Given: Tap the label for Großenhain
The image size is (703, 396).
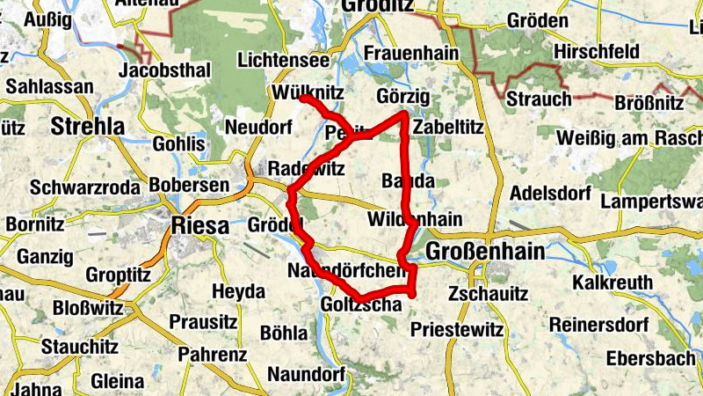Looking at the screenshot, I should tap(484, 253).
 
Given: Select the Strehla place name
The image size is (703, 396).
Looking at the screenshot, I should tap(88, 126).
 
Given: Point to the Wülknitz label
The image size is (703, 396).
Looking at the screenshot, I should tap(308, 92).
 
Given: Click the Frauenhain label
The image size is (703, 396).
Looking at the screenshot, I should tap(411, 54).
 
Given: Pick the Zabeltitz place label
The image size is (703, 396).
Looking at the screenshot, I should tap(448, 127).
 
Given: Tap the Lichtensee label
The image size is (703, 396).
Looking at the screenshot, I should tap(284, 61).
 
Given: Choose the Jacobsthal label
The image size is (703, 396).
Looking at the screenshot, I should tap(164, 70).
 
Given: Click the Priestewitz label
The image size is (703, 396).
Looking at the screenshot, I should tap(457, 331).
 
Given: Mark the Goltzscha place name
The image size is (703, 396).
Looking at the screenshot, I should tap(360, 304).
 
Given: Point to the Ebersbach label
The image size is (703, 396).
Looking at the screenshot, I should tap(650, 359).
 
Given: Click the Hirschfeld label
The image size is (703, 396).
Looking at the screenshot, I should tap(596, 53).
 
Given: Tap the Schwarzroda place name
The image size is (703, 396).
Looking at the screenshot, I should tap(72, 187).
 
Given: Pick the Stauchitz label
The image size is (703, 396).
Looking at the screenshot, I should tap(79, 346).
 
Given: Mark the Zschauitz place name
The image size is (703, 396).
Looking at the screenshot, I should tap(488, 293).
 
